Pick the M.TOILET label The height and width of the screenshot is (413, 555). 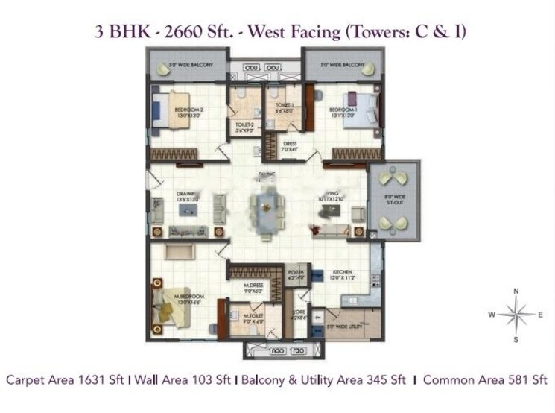click(256, 319)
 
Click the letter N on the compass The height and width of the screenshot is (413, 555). click(516, 291)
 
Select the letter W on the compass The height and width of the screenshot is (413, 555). click(492, 315)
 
